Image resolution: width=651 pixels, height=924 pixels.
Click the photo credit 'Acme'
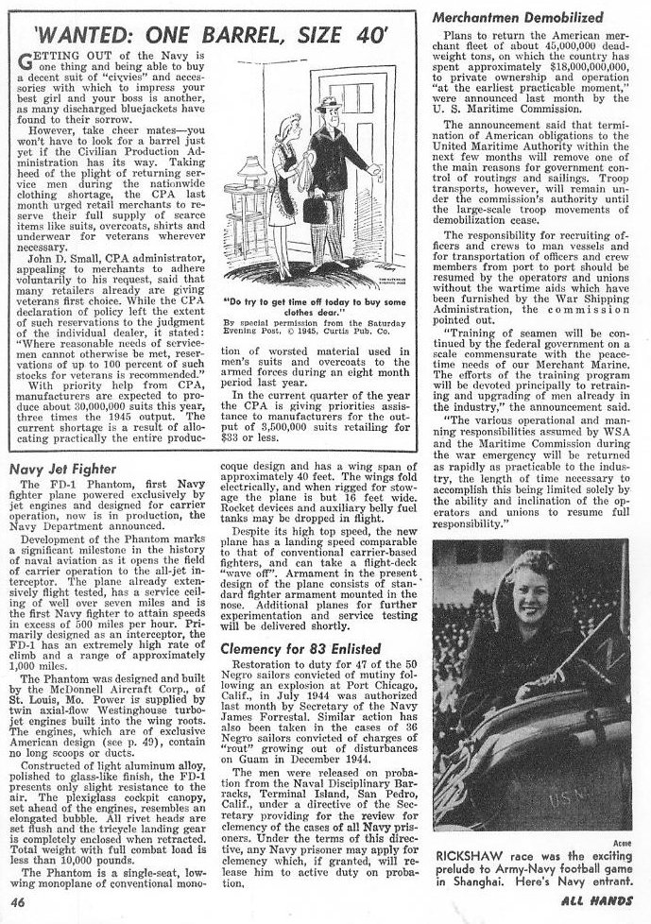coord(621,821)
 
